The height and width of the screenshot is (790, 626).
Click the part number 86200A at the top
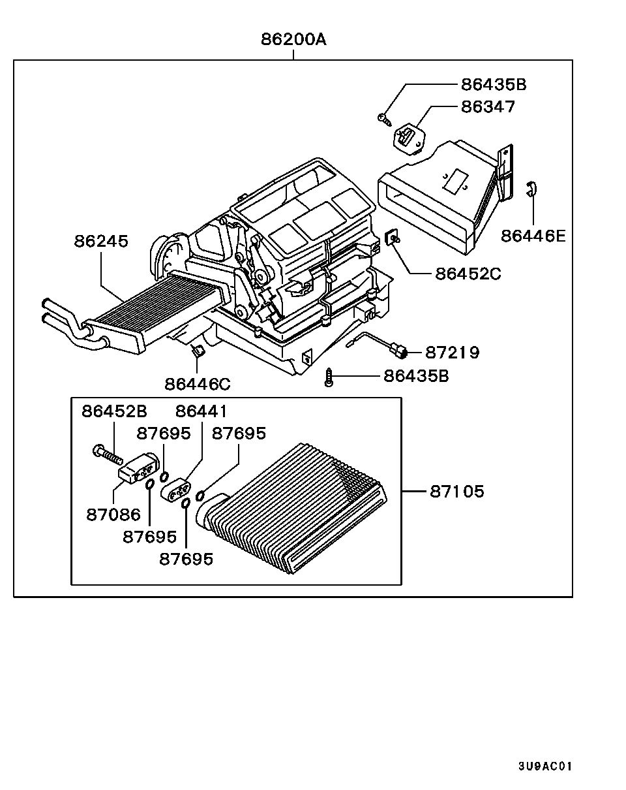(293, 39)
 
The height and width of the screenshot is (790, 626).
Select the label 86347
(488, 106)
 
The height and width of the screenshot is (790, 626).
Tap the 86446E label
(533, 236)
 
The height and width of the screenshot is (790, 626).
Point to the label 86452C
(468, 274)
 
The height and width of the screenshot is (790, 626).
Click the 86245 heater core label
(101, 241)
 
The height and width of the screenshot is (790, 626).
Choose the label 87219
(452, 353)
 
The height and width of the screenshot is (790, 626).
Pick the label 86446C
(198, 385)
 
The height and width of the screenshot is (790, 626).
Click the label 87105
(457, 491)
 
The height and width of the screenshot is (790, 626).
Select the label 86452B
(114, 411)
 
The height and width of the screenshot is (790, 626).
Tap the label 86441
(201, 411)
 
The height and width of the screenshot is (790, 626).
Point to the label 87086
(113, 514)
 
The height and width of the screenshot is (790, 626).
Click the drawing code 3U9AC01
(544, 766)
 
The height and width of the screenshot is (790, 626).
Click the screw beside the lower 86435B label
(329, 377)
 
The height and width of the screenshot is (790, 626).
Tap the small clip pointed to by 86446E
(531, 188)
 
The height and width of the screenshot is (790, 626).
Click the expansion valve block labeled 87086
(139, 469)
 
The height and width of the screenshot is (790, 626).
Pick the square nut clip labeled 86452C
(393, 237)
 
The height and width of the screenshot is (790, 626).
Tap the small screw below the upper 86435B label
(384, 118)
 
